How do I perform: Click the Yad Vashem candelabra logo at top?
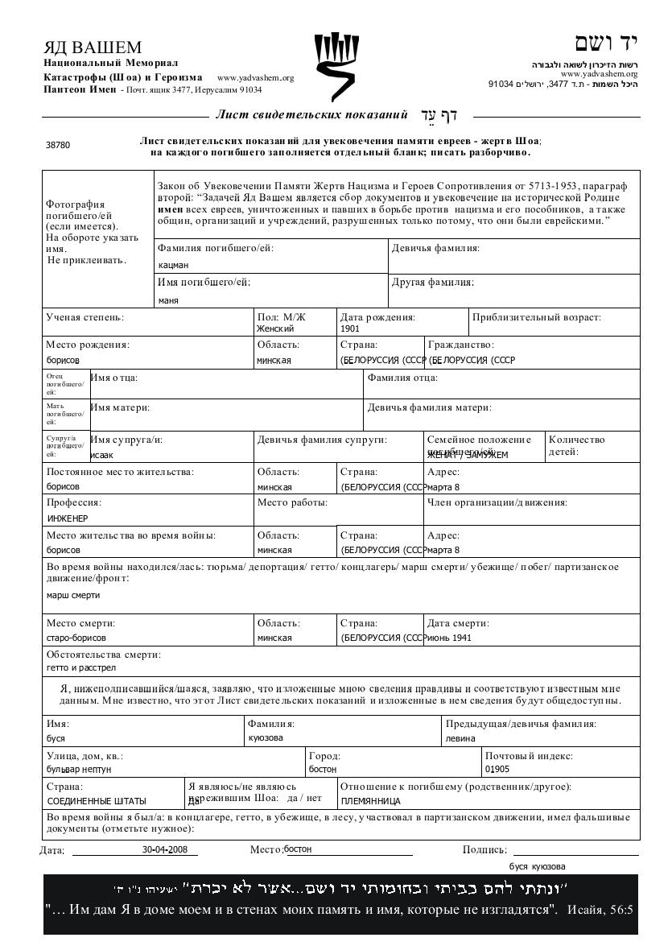coord(336,64)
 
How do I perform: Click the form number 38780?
coord(58,146)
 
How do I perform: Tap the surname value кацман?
coord(173,264)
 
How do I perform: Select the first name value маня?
coord(168,300)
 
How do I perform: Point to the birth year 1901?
coord(350,328)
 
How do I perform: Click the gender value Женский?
coord(275,328)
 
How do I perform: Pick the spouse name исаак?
coord(101,455)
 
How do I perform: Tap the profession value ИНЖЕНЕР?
coord(68,518)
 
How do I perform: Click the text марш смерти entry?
coord(73,595)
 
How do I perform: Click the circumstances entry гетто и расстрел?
coord(81,667)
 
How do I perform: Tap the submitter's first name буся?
coord(56,738)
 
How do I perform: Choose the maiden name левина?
coord(460,738)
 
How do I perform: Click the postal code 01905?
coord(497,770)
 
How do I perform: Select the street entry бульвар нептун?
coord(79,770)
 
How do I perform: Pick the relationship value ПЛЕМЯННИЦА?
coord(371,801)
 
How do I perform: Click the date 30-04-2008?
coord(165,849)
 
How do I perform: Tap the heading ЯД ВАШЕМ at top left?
coord(93,47)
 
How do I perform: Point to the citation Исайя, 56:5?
coord(600,911)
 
